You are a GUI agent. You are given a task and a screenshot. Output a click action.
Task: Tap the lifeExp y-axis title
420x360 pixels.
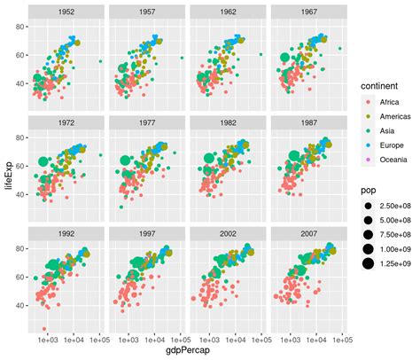(8, 176)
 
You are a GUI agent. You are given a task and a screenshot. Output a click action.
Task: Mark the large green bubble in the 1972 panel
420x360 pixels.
(43, 161)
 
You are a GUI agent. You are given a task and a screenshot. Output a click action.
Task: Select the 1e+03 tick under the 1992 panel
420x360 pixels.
(48, 339)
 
